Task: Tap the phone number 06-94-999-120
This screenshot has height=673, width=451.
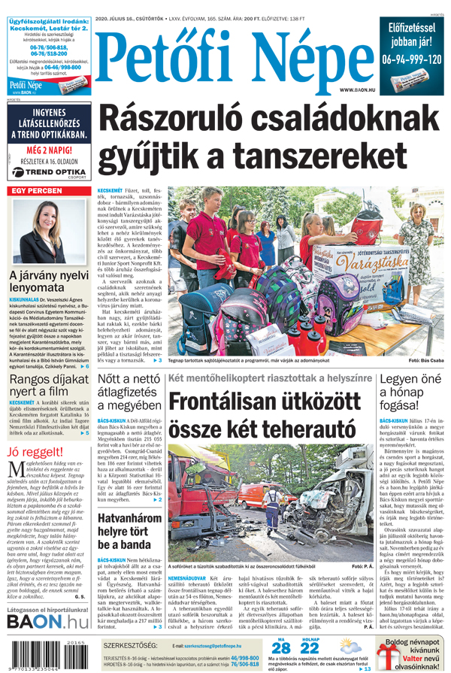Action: click(x=410, y=59)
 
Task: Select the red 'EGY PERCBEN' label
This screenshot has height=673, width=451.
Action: click(x=36, y=192)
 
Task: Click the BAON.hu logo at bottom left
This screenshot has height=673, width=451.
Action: click(x=47, y=621)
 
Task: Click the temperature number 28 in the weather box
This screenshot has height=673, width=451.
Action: click(x=280, y=649)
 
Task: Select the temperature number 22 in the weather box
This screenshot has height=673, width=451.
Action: click(x=310, y=649)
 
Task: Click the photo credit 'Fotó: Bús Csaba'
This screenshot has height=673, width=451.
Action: click(x=425, y=362)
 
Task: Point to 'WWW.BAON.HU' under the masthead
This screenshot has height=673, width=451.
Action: click(x=359, y=89)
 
